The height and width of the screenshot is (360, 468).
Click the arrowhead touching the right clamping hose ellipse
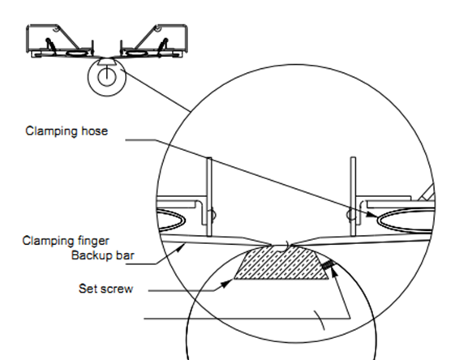[372, 214]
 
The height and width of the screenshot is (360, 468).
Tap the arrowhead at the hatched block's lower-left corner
[227, 283]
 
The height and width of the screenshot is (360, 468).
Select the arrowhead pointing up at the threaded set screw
[333, 271]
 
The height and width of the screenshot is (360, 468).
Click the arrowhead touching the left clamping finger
[181, 246]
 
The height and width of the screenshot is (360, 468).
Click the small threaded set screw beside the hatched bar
[327, 264]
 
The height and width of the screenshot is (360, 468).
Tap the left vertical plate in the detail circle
[209, 197]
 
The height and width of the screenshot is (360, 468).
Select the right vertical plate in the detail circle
[353, 196]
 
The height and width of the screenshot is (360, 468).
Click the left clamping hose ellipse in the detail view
[170, 221]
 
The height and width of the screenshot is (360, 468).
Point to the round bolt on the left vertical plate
[213, 215]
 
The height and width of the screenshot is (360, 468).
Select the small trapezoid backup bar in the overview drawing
[107, 62]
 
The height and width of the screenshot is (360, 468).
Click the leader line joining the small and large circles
[156, 90]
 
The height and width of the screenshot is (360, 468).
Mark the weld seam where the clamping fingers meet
[288, 245]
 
